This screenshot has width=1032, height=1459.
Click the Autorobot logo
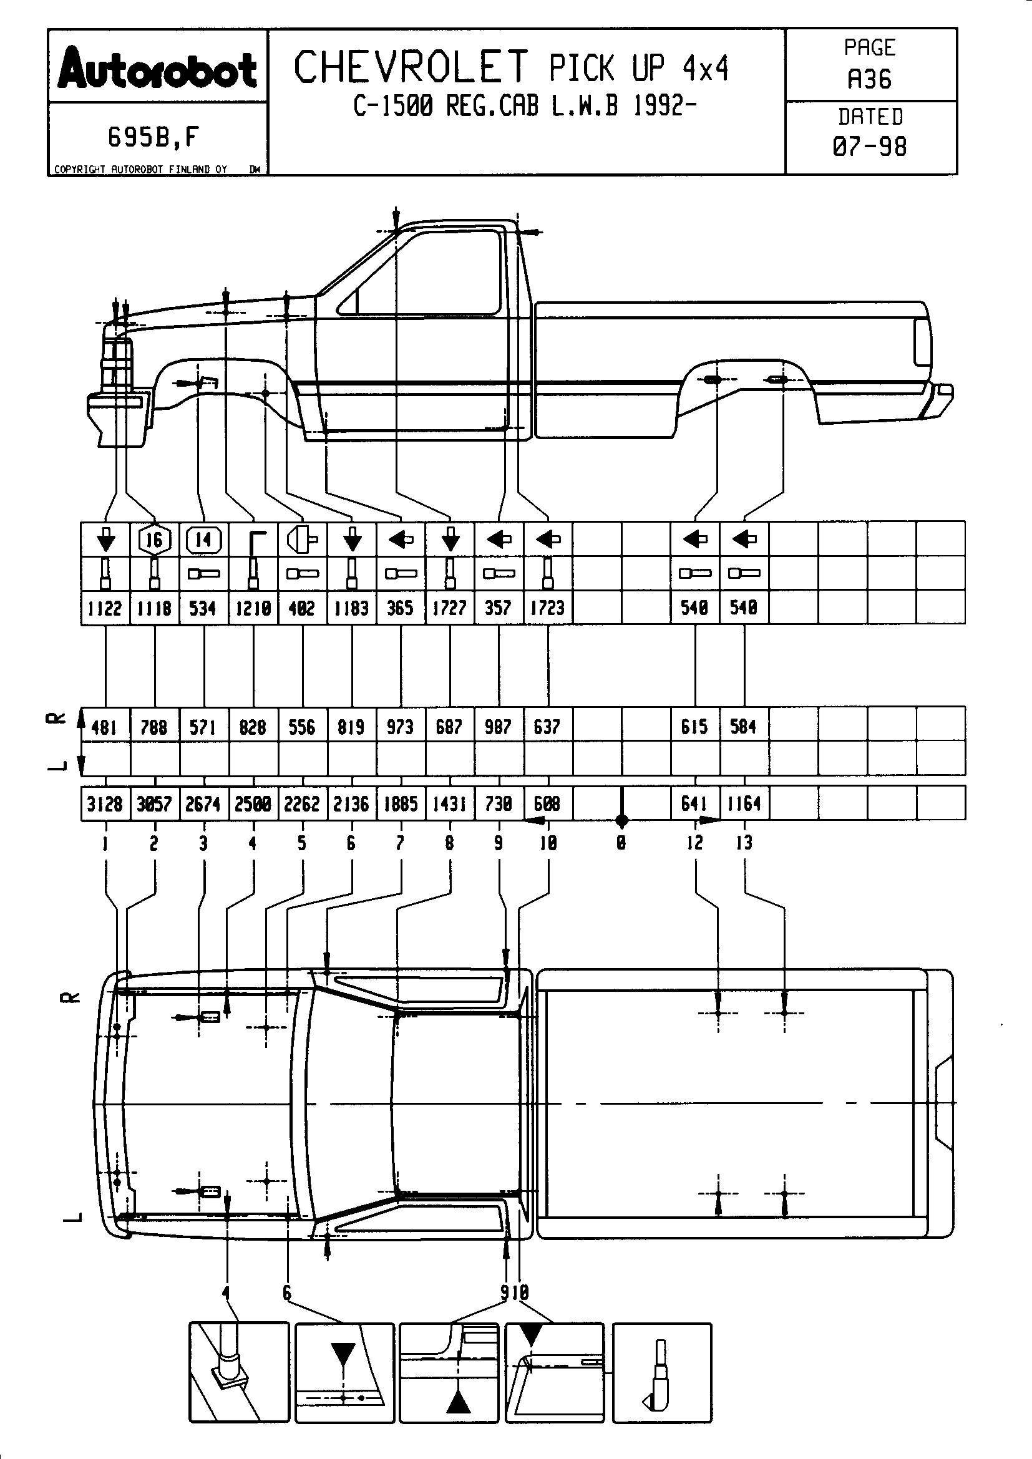(x=158, y=70)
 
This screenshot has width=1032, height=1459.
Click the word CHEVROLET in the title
(x=411, y=67)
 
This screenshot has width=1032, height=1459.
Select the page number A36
(x=869, y=79)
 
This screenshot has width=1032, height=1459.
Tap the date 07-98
(x=869, y=147)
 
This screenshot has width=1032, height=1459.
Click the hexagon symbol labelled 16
(x=154, y=540)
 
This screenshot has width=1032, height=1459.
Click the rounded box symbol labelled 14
(x=203, y=540)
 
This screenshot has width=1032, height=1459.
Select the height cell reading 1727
(x=450, y=608)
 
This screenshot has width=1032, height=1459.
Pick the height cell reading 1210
(x=253, y=608)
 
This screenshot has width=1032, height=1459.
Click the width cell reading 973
(x=401, y=726)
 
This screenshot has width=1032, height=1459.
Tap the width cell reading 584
(x=744, y=726)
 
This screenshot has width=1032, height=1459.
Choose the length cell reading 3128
(x=105, y=804)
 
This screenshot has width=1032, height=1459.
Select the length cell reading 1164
(x=744, y=804)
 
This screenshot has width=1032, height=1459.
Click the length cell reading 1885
(x=401, y=804)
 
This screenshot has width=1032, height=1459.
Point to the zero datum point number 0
(x=621, y=843)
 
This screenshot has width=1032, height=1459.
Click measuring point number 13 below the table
(x=744, y=843)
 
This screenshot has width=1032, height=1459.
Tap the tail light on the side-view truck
(x=922, y=341)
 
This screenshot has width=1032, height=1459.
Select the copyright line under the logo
(x=141, y=169)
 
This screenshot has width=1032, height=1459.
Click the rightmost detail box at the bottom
(x=661, y=1372)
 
